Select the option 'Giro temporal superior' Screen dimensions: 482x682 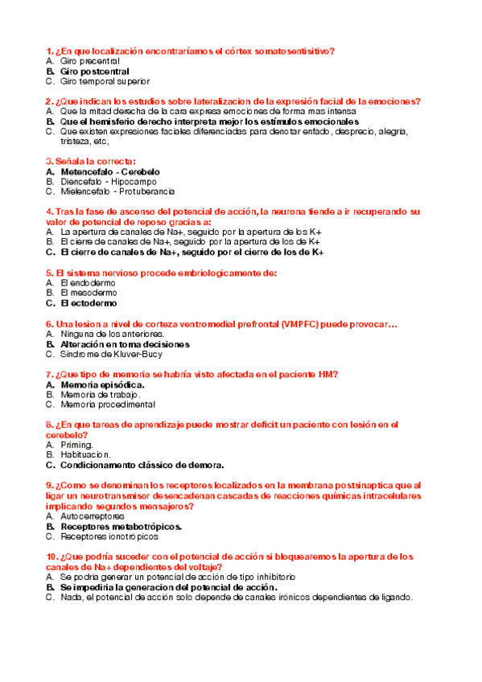[x=105, y=81]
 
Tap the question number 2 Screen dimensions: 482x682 [x=50, y=101]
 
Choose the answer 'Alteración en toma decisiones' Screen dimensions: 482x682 [x=125, y=343]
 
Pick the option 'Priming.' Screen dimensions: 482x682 [x=76, y=445]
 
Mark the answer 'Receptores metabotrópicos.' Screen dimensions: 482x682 [x=121, y=526]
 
